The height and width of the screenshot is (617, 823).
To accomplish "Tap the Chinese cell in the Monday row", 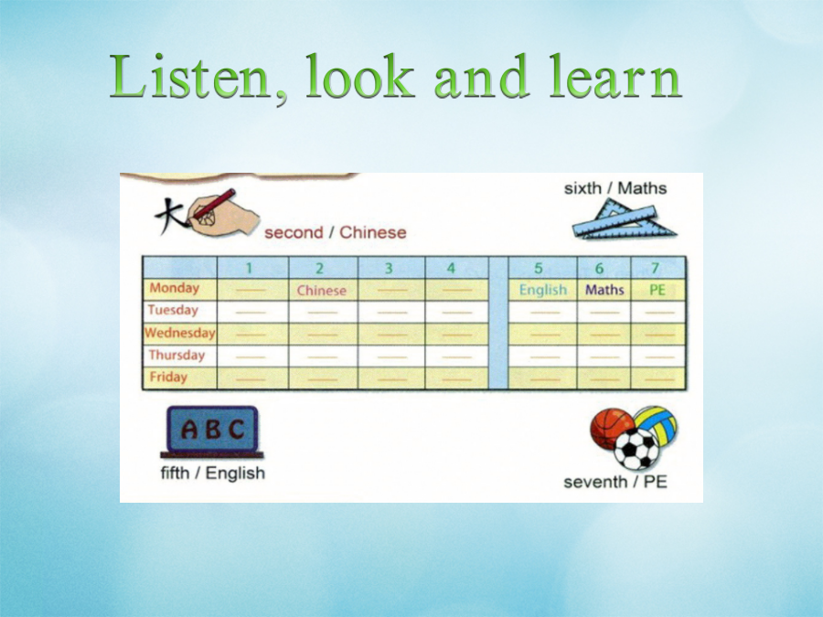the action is (322, 290).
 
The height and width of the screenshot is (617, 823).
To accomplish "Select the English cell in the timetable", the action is (542, 290).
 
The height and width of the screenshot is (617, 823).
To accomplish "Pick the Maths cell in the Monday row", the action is (604, 290).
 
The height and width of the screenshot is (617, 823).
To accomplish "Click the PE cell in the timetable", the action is (657, 290).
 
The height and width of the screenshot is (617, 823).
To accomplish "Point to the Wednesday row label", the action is (179, 333).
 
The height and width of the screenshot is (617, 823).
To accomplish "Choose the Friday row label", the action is (168, 377).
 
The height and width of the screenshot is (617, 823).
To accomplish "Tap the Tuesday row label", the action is (173, 310).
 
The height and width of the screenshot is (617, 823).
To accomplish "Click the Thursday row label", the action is (176, 356).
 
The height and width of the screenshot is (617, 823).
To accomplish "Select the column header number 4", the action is (451, 268).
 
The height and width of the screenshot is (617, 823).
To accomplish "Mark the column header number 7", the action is (655, 268).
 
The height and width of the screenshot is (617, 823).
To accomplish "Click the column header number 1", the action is (249, 268).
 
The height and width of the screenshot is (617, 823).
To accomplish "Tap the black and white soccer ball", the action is (636, 449).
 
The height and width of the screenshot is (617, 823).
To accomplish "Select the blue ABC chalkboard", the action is (212, 431).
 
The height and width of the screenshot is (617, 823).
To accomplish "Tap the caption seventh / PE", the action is (615, 482).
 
